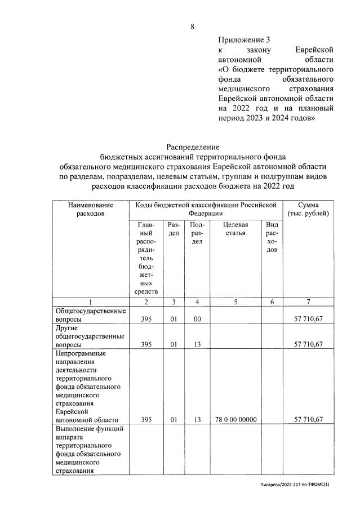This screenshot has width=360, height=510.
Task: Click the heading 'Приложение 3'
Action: tap(244, 39)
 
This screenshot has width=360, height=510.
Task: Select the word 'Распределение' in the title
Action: tap(192, 148)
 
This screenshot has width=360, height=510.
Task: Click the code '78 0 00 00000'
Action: tap(235, 419)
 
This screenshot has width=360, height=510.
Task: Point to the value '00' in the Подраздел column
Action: tap(197, 320)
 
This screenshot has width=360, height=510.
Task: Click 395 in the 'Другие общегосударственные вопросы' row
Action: tap(146, 344)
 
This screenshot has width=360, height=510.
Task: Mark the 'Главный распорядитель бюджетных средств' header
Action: tap(146, 258)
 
